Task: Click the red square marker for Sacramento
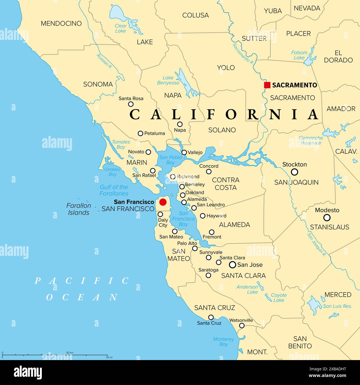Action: point(267,85)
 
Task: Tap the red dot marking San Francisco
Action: point(163,202)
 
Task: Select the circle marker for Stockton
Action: point(295,172)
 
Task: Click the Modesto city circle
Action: point(327,217)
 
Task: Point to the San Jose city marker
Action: point(233,265)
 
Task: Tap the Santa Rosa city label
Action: point(131,98)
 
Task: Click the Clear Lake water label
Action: point(120,28)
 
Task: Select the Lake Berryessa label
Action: point(168,80)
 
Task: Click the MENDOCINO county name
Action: point(61,24)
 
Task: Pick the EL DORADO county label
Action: point(338,57)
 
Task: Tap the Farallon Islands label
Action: point(79,209)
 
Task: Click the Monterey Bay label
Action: point(223,342)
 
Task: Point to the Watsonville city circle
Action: point(242,325)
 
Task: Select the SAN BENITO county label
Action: point(300,342)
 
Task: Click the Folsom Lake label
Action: point(299,55)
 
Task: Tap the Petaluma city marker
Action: point(140,134)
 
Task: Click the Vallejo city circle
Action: point(184,152)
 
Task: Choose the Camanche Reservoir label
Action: point(311,140)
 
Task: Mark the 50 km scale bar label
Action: point(70,353)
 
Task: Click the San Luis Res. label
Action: point(337,306)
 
